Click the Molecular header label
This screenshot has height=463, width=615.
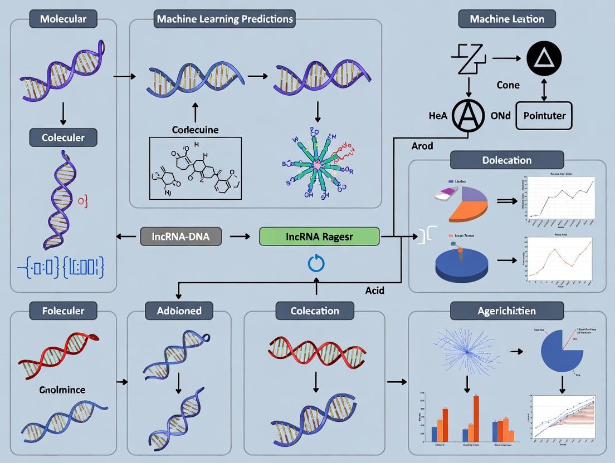click(x=62, y=19)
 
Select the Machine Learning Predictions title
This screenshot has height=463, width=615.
click(x=224, y=19)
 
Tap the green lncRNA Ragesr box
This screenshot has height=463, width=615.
click(x=319, y=236)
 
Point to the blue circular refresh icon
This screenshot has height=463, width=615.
click(x=316, y=263)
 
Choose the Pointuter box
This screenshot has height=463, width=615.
click(x=545, y=116)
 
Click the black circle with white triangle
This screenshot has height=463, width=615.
click(x=543, y=58)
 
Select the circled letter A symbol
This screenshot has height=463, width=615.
click(x=470, y=115)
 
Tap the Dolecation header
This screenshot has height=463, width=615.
click(x=507, y=160)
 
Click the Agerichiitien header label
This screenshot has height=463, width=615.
click(x=507, y=310)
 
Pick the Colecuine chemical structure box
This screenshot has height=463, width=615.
click(x=195, y=169)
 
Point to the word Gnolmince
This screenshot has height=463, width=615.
click(x=63, y=390)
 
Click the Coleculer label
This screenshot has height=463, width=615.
click(x=62, y=137)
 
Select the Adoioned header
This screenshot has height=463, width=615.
click(x=180, y=310)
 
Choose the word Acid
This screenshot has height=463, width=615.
click(x=374, y=290)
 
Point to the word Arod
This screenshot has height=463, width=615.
click(x=422, y=146)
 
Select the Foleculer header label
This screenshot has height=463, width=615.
click(x=62, y=310)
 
